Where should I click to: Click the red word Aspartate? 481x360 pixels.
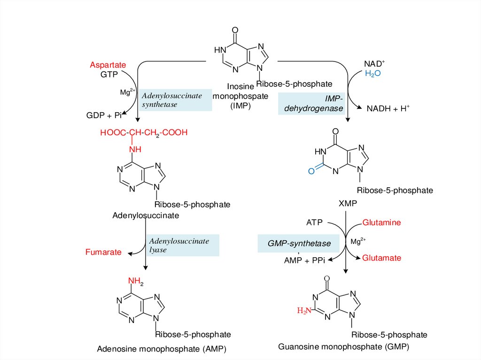pos(106,65)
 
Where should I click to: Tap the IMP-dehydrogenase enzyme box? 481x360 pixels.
pos(312,104)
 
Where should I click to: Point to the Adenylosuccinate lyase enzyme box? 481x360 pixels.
pos(182,245)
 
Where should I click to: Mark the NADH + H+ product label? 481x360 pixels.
pos(388,108)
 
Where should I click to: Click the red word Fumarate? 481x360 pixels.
pos(103,252)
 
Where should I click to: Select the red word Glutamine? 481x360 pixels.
pos(381,222)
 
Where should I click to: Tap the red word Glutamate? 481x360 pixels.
pos(381,258)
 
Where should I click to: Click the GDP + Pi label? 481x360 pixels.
pos(104,115)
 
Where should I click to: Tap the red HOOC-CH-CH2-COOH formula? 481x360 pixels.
pos(144,133)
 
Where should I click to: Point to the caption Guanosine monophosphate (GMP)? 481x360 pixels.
pos(344,347)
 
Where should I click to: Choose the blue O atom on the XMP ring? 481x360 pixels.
pos(310,171)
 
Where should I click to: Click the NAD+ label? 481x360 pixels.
pos(374,63)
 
